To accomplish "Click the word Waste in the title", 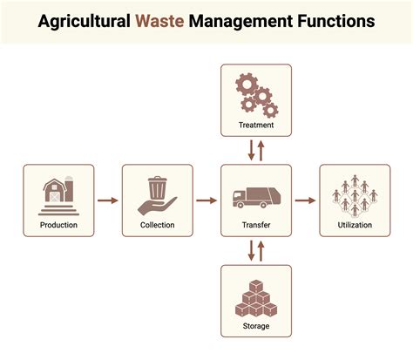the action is (159, 21).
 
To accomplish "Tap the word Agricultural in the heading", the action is (84, 22).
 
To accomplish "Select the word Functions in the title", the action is (336, 21).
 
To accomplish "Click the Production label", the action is (58, 225).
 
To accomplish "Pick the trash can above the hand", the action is (158, 187).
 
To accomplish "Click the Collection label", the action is (158, 225).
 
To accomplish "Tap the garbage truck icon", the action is (257, 198).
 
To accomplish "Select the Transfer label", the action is (256, 225).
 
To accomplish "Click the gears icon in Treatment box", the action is (257, 96).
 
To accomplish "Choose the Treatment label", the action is (256, 125).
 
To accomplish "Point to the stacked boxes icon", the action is (256, 298).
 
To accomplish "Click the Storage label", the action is (256, 326).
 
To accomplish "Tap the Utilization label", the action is (355, 225).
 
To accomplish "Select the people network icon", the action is (355, 196).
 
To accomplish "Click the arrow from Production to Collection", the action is (108, 200).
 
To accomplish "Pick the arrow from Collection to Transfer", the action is (206, 200).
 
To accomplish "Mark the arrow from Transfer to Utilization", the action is (305, 200).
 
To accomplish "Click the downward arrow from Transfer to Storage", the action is (251, 250).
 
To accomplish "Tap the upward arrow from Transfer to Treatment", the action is (261, 151).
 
